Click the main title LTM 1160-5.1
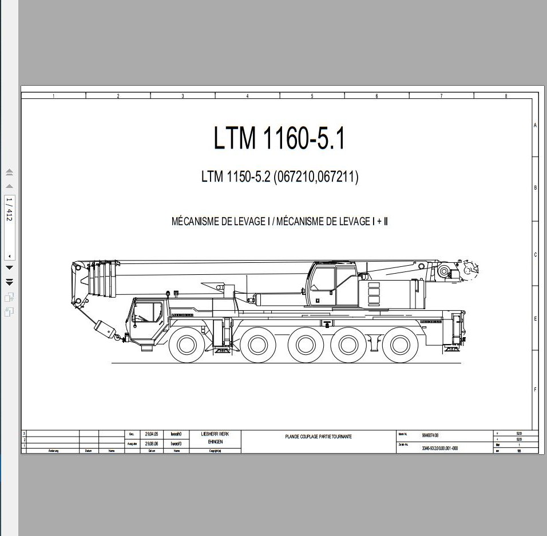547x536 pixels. [279, 139]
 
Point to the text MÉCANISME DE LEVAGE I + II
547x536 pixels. [332, 222]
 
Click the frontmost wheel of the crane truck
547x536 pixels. [187, 345]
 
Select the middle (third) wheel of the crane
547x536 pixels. [302, 345]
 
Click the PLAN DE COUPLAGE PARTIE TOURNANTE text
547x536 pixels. [319, 437]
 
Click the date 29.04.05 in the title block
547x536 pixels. [152, 434]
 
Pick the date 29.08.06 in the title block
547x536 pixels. [152, 443]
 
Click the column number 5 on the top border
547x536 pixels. [312, 96]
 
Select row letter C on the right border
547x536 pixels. [535, 255]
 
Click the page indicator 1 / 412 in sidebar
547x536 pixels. [9, 210]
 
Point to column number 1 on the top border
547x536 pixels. [53, 96]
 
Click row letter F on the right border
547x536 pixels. [535, 390]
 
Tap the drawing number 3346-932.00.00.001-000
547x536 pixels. [440, 449]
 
